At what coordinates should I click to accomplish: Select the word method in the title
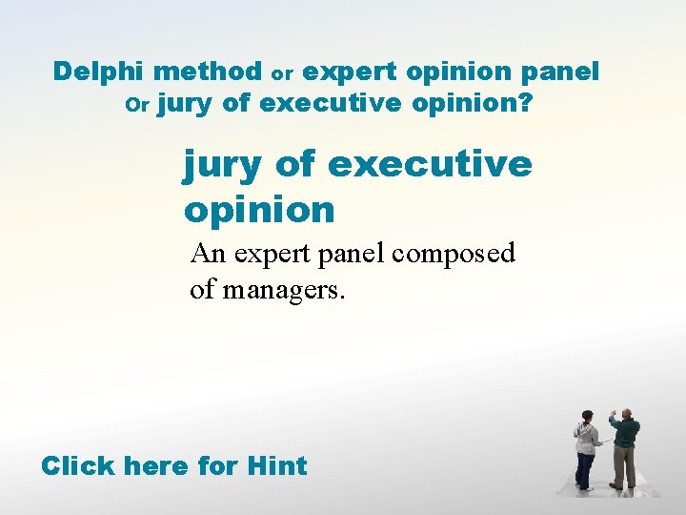(x=207, y=71)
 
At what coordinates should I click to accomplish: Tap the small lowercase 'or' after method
(x=284, y=73)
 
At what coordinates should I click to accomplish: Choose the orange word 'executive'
(x=430, y=164)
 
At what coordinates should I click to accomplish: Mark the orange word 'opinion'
(x=259, y=210)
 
